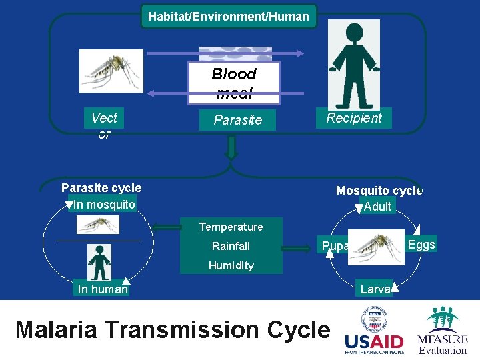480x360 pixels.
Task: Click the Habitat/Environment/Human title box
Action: pos(229,16)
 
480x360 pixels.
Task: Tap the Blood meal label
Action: pos(233,83)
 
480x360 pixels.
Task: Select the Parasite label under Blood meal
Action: pos(237,120)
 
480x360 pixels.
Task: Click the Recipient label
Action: pos(353,118)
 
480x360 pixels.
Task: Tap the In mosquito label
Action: pos(104,204)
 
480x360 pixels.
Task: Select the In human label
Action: pos(102,289)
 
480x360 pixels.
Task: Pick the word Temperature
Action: pos(231,227)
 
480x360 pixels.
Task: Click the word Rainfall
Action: pos(231,246)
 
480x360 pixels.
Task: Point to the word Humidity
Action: pos(231,265)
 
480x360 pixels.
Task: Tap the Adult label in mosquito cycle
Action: pos(377,206)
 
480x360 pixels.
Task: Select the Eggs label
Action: pos(421,245)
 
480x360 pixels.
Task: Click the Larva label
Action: pos(375,289)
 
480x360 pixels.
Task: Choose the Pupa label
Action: pos(333,246)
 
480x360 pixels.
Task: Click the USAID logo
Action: pos(374,332)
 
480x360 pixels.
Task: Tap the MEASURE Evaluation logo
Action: pos(442,331)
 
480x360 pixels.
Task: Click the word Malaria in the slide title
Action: pos(68,329)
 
